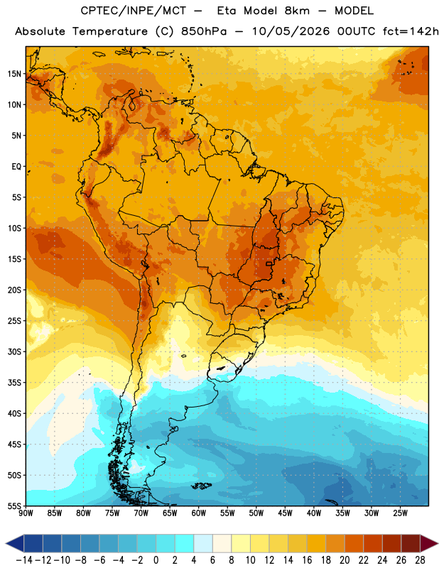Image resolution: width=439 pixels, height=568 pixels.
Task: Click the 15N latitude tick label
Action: tap(14, 74)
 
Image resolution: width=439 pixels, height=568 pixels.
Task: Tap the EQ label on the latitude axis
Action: tap(16, 167)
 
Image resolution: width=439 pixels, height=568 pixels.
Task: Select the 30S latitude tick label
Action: tap(14, 351)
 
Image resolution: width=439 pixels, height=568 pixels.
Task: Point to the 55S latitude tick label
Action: tap(14, 506)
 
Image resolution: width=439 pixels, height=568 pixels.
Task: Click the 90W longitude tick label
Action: tap(26, 513)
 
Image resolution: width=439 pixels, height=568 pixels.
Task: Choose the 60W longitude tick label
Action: tap(199, 513)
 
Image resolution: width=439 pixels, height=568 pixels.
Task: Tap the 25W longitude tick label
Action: tap(400, 513)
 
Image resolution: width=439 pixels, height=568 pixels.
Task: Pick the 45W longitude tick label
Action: tap(285, 513)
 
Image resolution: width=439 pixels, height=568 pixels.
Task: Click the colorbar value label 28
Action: tap(420, 560)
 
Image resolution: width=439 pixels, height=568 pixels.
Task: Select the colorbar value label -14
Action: tap(24, 560)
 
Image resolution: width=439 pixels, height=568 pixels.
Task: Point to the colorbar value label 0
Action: tap(156, 560)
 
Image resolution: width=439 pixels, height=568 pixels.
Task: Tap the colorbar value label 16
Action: tap(307, 560)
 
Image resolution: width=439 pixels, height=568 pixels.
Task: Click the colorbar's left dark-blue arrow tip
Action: tap(6, 544)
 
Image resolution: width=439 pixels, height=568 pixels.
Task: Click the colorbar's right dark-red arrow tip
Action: tap(438, 544)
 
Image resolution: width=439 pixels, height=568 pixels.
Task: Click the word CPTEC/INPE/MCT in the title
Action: tap(134, 11)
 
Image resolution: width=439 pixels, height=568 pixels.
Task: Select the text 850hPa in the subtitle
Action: tap(204, 31)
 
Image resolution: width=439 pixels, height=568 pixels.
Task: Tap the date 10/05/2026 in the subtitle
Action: tap(291, 31)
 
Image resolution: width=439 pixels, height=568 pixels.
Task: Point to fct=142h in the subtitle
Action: tap(411, 31)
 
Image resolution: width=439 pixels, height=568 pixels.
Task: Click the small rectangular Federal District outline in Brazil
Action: tap(269, 263)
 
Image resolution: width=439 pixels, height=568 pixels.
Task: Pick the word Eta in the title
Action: tap(227, 11)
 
